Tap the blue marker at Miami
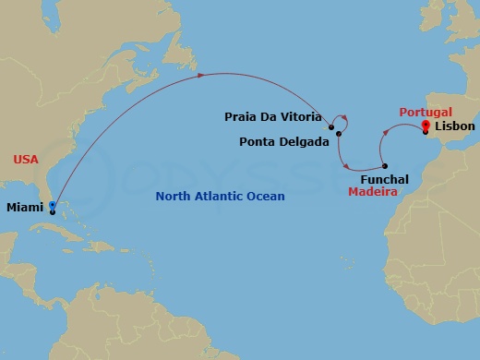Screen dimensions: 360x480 [x=53, y=207]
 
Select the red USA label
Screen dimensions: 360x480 [x=27, y=160]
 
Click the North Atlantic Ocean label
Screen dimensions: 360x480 [x=220, y=197]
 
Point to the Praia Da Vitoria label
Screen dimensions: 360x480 [x=273, y=117]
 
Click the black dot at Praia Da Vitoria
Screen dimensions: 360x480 [x=330, y=118]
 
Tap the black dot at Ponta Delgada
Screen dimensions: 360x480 [x=339, y=135]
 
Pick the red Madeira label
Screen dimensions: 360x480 [x=373, y=193]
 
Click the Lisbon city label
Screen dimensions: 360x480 [x=454, y=126]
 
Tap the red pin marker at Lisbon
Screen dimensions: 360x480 [x=426, y=126]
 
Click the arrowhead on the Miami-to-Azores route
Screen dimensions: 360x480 [x=202, y=77]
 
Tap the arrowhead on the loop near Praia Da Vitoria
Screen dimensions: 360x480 [x=343, y=117]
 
